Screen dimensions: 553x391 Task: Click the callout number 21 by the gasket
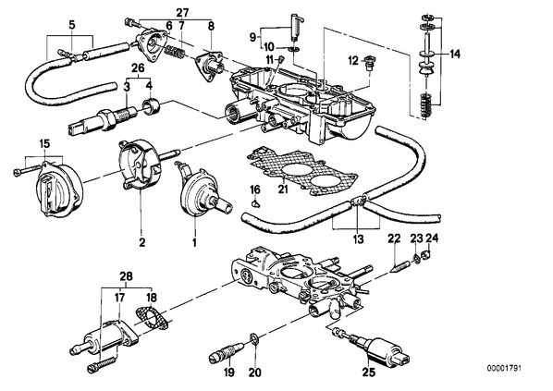click(x=283, y=189)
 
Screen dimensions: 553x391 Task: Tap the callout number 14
click(x=455, y=54)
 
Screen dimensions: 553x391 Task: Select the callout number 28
click(x=126, y=276)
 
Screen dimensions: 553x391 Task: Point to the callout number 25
click(x=370, y=372)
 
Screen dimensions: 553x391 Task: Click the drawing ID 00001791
click(x=504, y=369)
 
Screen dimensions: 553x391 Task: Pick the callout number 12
click(x=353, y=60)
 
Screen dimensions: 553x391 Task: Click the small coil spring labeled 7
click(x=175, y=53)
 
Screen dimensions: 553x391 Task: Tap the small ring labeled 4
click(x=152, y=107)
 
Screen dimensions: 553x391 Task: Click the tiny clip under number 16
click(x=255, y=202)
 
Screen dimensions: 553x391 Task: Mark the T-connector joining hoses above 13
click(x=358, y=202)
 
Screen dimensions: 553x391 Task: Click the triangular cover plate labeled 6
click(x=152, y=48)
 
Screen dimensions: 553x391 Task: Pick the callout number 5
click(x=72, y=25)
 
